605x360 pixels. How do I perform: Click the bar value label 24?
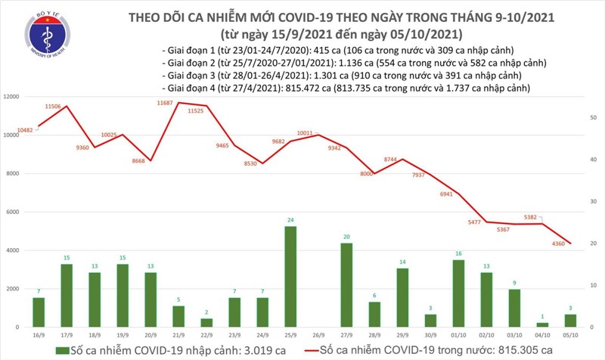point(290,220)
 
